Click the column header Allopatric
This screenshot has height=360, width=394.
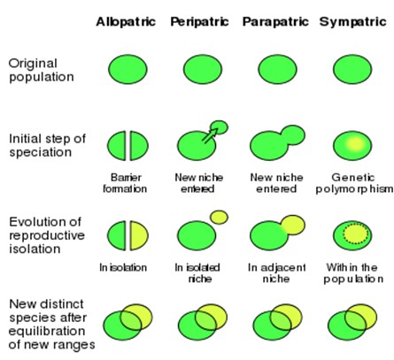[x=126, y=22]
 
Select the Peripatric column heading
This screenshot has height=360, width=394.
[x=199, y=22]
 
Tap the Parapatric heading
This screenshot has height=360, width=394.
[x=275, y=22]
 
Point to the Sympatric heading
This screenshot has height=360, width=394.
[x=353, y=22]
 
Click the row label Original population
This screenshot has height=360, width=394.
[x=42, y=71]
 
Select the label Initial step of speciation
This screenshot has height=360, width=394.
[x=47, y=145]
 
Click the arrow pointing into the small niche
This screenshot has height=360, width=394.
[x=210, y=135]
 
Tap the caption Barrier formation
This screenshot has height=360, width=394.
[x=125, y=183]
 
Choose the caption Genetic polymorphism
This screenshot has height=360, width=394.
[x=354, y=183]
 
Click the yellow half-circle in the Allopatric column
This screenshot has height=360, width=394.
[x=139, y=235]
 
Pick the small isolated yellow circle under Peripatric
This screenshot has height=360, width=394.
[x=219, y=218]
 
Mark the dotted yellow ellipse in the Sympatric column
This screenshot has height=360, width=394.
[x=356, y=234]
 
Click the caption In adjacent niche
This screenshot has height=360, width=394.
[x=276, y=273]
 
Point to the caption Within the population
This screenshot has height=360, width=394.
[x=353, y=273]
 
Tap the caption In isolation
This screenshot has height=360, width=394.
[x=123, y=268]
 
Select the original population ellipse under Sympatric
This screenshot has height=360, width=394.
[x=352, y=69]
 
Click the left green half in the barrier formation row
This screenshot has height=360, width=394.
[x=117, y=146]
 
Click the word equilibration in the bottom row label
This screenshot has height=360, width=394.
[x=47, y=331]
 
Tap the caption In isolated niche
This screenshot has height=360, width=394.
[x=197, y=273]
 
